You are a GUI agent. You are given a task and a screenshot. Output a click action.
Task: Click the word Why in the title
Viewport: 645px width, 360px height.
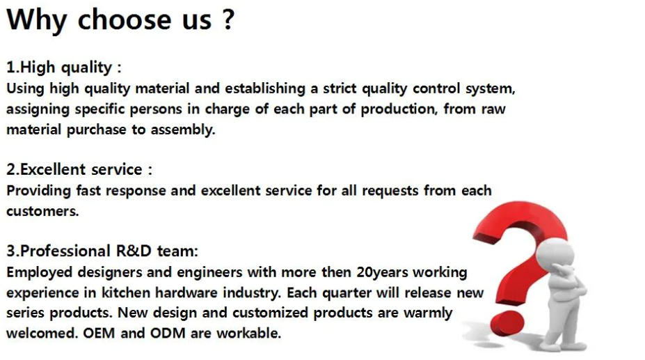point(36,19)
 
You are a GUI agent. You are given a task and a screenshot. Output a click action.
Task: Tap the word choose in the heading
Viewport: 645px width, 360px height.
point(125,19)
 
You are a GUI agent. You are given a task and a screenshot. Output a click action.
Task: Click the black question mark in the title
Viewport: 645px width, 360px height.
point(228,19)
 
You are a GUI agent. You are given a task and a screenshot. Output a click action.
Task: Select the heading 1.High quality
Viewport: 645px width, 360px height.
point(59,67)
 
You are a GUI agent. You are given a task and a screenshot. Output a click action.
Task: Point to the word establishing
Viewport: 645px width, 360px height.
point(265,88)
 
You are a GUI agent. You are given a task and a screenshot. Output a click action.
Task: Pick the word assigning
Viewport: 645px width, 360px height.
point(38,109)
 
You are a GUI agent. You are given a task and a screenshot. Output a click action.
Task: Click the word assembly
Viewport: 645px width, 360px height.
point(182,130)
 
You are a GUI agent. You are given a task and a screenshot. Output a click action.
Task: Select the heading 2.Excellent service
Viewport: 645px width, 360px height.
point(74,169)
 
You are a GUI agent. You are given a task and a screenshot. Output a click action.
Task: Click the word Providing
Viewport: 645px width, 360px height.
point(39,191)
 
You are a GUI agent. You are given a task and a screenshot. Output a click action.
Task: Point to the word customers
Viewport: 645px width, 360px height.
point(42,211)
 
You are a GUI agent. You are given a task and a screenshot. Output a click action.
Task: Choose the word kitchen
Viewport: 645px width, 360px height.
point(126,292)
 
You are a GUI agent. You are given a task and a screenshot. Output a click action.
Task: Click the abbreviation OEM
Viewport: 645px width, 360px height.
point(99,333)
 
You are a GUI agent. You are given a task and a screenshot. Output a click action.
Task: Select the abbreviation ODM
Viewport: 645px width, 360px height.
point(168,333)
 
